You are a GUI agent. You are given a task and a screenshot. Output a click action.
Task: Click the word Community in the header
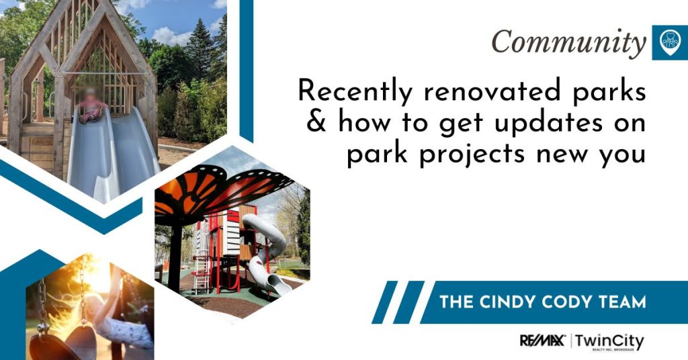(x=568, y=42)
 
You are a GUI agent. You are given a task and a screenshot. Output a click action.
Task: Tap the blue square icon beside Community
(x=669, y=42)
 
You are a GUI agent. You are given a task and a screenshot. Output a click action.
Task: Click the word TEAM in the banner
(x=621, y=302)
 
